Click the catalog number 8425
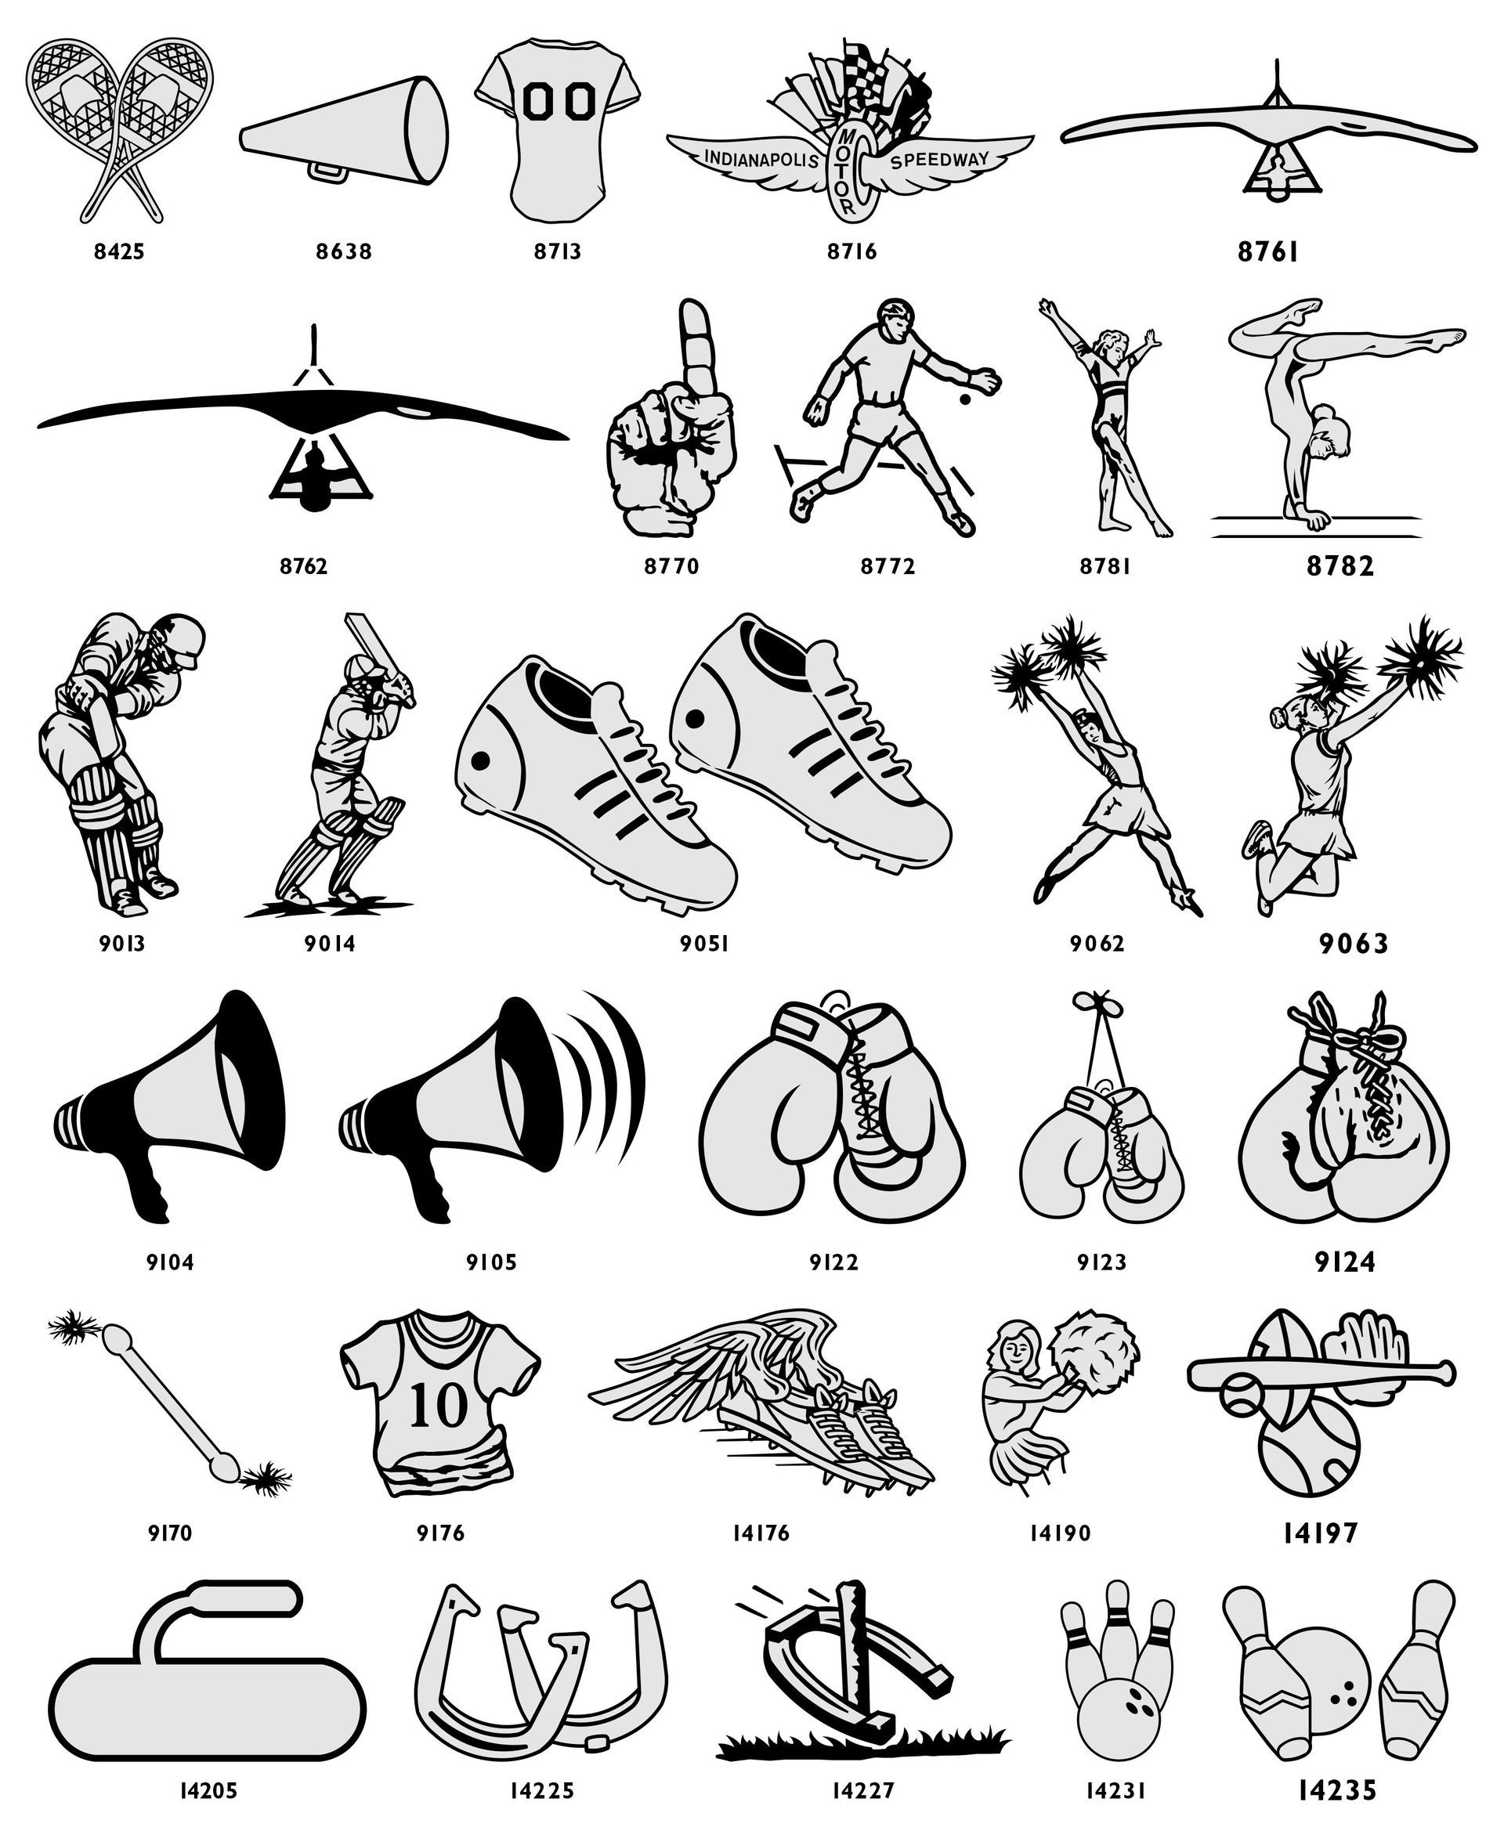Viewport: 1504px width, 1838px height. point(120,251)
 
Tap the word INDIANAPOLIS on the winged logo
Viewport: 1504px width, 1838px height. point(761,160)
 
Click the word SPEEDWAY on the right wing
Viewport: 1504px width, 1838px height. point(939,160)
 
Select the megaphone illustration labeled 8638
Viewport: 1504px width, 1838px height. point(344,130)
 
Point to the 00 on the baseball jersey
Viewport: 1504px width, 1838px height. point(558,100)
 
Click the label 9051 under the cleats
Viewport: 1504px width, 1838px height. point(703,943)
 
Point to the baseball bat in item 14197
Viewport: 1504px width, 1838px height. point(1321,1374)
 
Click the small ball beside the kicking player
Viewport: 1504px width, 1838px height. point(964,400)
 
